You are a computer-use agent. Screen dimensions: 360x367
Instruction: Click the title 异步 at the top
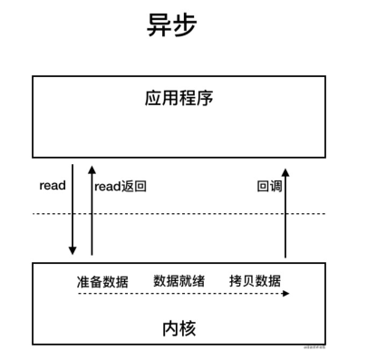[x=171, y=25]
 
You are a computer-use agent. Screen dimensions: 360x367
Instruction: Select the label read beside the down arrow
[x=53, y=185]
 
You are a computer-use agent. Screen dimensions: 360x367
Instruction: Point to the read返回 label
[x=120, y=186]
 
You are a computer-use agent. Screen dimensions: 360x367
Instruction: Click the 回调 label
[x=269, y=186]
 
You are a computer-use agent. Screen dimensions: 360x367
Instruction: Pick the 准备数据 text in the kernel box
[x=102, y=281]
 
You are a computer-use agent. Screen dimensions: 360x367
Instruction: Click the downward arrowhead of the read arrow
[x=72, y=253]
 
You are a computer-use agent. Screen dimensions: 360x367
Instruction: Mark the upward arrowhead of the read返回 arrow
[x=92, y=169]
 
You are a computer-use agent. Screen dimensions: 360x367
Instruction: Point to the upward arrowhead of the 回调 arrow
[x=285, y=170]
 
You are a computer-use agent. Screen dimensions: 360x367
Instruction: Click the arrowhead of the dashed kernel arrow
[x=286, y=294]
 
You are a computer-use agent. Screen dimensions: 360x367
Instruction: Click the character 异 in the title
[x=159, y=25]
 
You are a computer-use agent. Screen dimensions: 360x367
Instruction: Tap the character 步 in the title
[x=184, y=25]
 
